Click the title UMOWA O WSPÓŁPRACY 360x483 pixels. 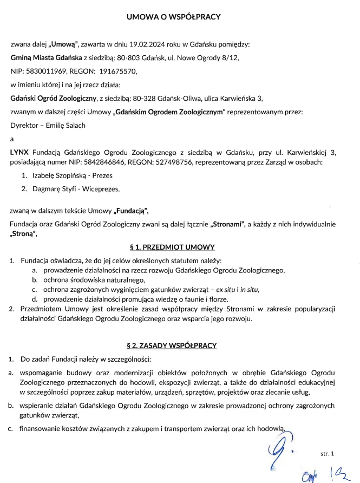[173, 17]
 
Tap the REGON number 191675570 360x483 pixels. [118, 70]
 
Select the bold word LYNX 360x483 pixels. [20, 153]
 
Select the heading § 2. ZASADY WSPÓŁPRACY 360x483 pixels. [173, 345]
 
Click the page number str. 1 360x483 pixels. [329, 452]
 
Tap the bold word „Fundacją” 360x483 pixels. [130, 210]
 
